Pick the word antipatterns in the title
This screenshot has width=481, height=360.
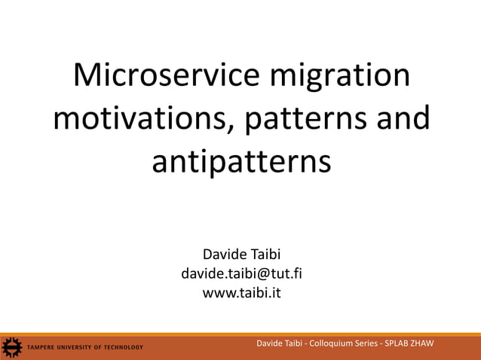click(x=241, y=162)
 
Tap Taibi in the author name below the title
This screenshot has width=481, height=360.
click(x=262, y=255)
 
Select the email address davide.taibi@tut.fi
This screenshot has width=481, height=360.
click(x=241, y=273)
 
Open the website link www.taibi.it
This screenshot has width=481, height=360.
click(x=241, y=293)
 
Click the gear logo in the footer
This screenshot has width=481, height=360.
click(x=12, y=347)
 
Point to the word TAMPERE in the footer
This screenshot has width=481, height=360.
click(x=42, y=347)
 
